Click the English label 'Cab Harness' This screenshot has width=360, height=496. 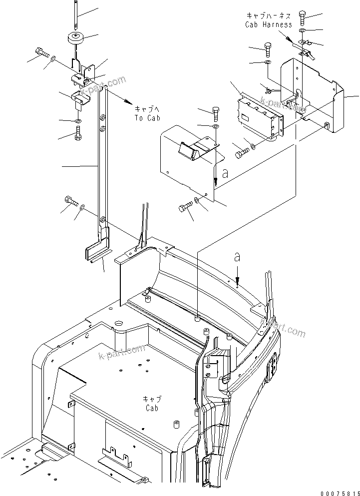pos(269,24)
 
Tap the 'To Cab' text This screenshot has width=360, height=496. pos(145,118)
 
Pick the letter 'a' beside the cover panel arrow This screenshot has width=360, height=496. pos(225,174)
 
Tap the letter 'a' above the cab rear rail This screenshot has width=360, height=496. pos(238,258)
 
